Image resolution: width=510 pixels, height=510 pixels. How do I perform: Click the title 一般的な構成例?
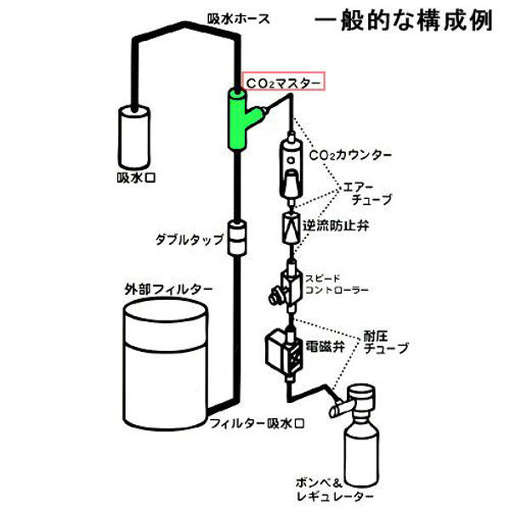(x=403, y=21)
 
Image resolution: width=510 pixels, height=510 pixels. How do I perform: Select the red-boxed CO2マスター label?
(x=282, y=82)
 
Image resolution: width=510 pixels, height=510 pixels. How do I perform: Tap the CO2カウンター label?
(x=351, y=156)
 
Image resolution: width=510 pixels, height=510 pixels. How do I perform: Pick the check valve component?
(x=290, y=228)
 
